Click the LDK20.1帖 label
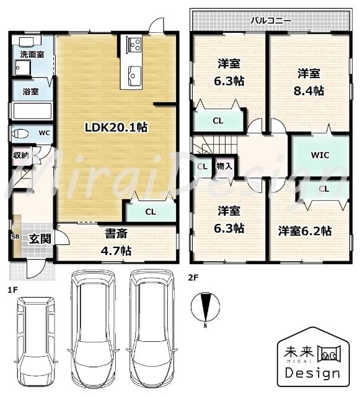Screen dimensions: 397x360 pos(116,127)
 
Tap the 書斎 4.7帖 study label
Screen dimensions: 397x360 pos(116,243)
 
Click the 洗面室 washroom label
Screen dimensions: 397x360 pos(32,55)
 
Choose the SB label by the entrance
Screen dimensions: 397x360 pos(14,236)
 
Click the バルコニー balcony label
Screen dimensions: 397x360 pos(270,20)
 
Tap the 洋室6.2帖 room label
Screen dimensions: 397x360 pos(304,231)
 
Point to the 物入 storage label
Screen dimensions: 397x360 pos(224,166)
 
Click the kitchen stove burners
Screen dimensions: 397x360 pos(134,45)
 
